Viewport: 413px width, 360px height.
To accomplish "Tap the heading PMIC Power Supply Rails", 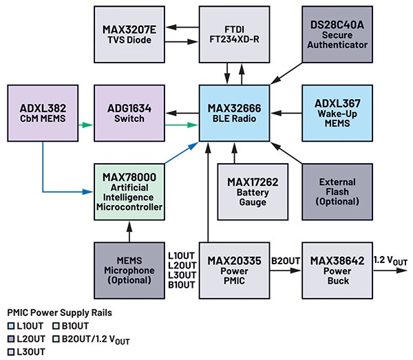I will pos(60,313).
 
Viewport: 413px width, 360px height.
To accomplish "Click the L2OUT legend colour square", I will pos(12,338).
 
